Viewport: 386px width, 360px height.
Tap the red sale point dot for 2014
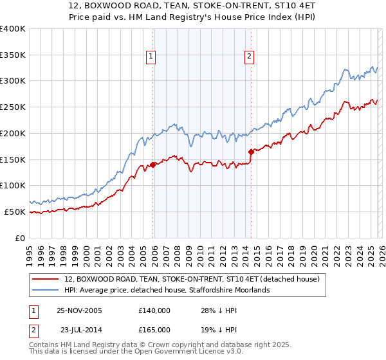[x=251, y=152]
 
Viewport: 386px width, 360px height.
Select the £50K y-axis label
[x=15, y=212]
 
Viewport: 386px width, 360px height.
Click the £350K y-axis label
[x=13, y=55]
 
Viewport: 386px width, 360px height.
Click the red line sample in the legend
[x=46, y=280]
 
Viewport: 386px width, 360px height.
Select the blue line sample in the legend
[x=46, y=291]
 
